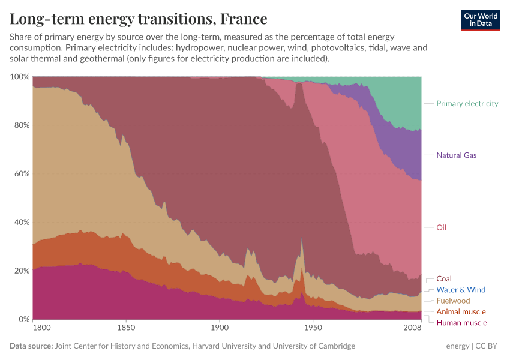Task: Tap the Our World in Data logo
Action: click(x=480, y=20)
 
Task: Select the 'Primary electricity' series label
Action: click(x=467, y=104)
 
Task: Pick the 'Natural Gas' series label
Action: click(x=456, y=155)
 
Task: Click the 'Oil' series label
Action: click(x=441, y=227)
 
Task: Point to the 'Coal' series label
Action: click(x=443, y=279)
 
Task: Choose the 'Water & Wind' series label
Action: click(x=460, y=290)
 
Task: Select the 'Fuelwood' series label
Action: click(x=453, y=301)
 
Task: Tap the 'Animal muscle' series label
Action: click(x=460, y=312)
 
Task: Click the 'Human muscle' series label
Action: click(x=461, y=323)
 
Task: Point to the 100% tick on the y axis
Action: click(x=20, y=77)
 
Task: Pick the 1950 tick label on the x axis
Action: click(x=313, y=328)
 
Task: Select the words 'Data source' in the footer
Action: click(x=31, y=346)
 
